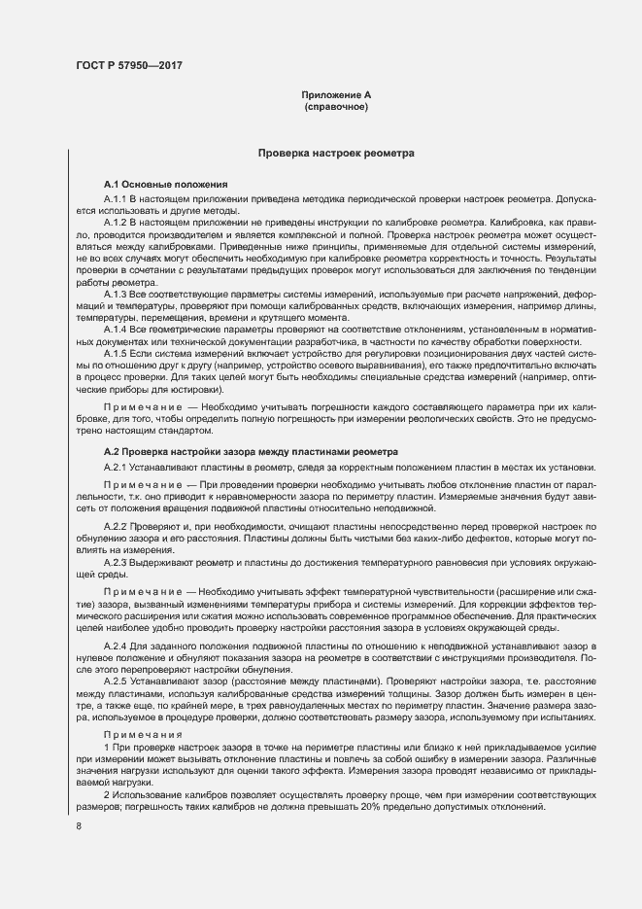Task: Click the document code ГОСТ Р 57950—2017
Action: click(x=128, y=66)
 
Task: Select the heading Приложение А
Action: click(x=336, y=94)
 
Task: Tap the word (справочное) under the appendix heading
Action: click(x=336, y=106)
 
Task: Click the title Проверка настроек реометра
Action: click(x=336, y=153)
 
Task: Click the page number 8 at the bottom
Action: click(x=79, y=826)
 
